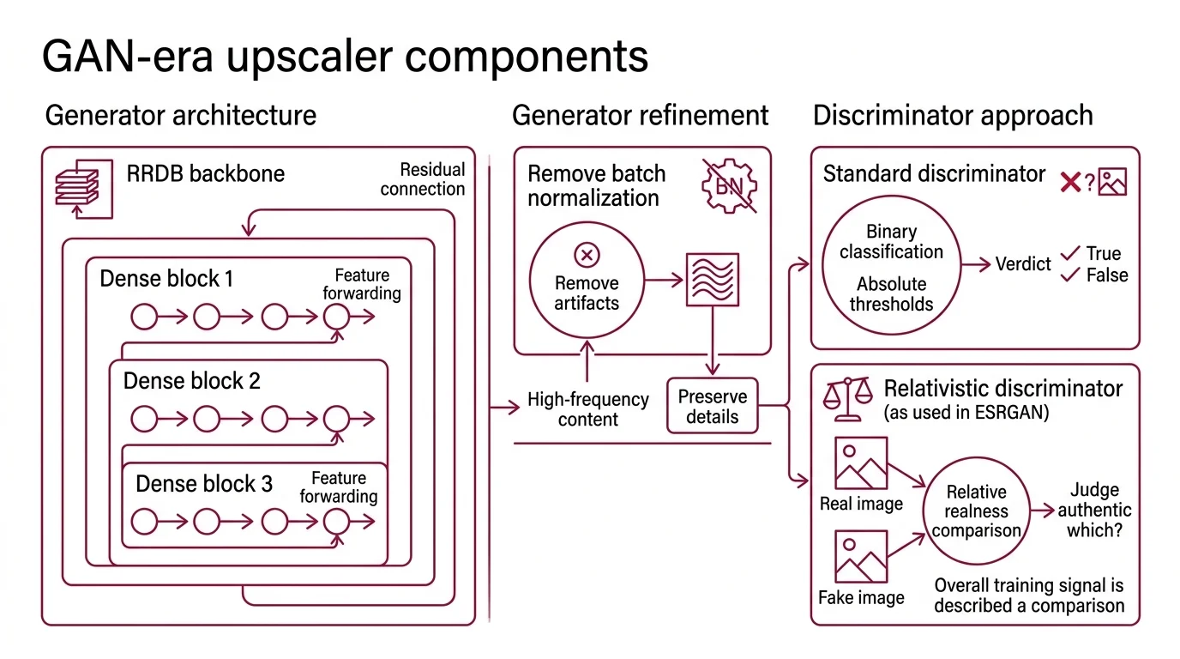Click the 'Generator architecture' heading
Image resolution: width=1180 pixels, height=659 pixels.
181,115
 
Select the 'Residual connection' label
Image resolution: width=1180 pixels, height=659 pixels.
422,179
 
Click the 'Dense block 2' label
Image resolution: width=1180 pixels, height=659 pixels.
192,380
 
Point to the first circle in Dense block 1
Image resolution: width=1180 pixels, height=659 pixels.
144,317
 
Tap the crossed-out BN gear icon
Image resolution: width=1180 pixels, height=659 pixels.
729,184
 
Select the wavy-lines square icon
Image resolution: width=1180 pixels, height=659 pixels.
712,280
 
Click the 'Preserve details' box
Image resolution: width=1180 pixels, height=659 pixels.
712,407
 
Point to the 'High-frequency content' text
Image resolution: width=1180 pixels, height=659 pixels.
587,409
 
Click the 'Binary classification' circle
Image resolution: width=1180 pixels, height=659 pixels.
891,268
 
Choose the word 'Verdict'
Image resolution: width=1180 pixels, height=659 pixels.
1022,264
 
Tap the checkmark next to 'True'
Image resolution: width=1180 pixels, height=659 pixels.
1069,253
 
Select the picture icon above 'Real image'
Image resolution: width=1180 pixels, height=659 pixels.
860,463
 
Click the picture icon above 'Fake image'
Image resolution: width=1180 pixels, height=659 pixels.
860,557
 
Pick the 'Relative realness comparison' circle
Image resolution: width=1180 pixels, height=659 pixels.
976,511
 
